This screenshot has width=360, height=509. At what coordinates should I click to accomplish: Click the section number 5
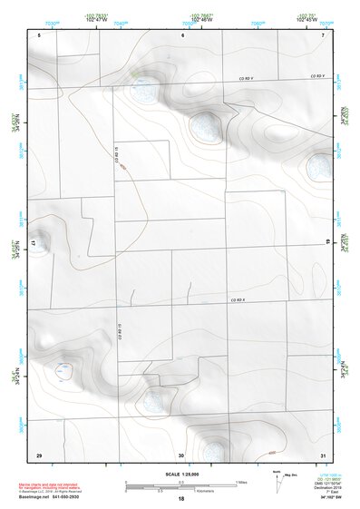pyautogui.click(x=40, y=34)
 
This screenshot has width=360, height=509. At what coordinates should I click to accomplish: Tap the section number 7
pyautogui.click(x=323, y=34)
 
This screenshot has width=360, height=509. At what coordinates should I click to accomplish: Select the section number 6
pyautogui.click(x=182, y=34)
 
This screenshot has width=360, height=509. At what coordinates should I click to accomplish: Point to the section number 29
pyautogui.click(x=39, y=454)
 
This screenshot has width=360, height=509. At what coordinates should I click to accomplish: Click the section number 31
pyautogui.click(x=323, y=454)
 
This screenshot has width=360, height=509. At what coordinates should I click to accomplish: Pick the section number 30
pyautogui.click(x=181, y=454)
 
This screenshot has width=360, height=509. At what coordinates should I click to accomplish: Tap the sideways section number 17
pyautogui.click(x=34, y=244)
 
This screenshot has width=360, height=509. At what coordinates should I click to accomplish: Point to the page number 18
pyautogui.click(x=181, y=499)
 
